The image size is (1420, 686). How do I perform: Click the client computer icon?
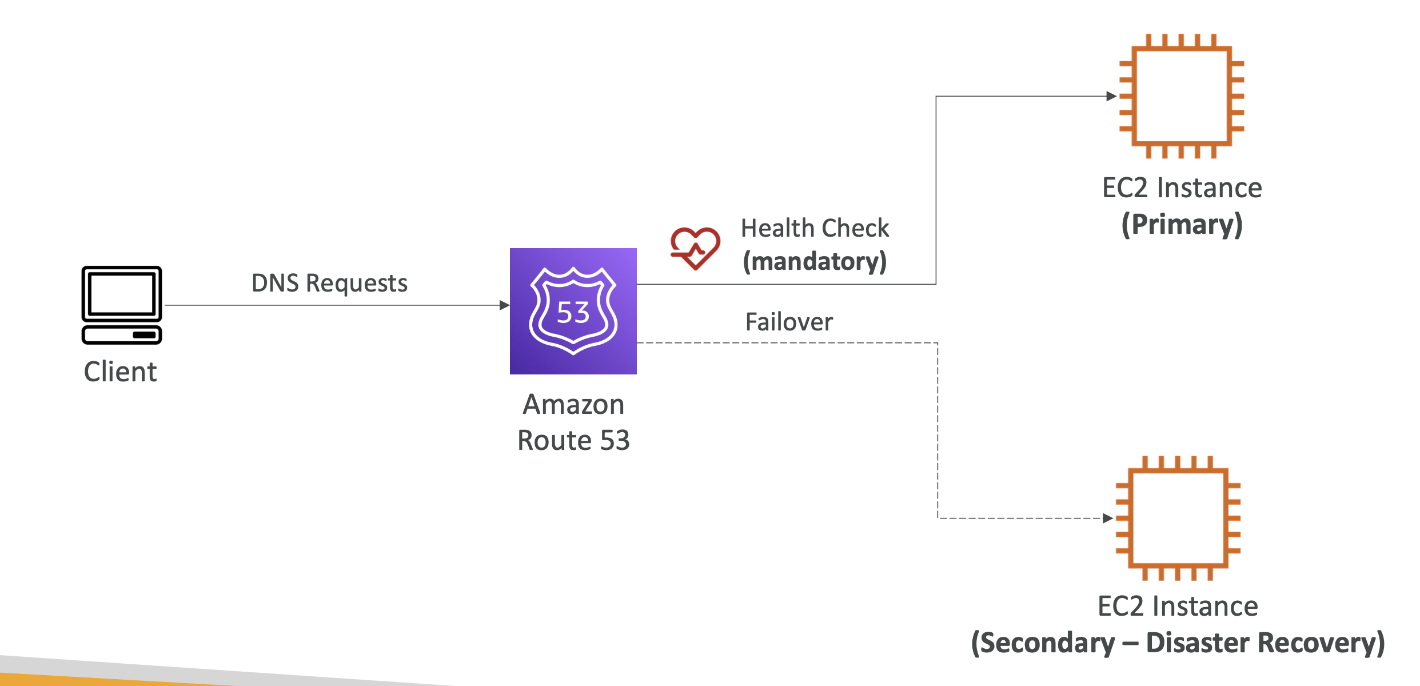tap(122, 305)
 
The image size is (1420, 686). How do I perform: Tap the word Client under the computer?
tap(120, 372)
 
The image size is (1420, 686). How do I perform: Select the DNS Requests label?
tap(329, 283)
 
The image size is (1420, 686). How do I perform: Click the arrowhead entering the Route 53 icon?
tap(504, 305)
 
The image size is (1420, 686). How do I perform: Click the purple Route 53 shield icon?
tap(573, 311)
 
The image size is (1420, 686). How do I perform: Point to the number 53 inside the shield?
tap(573, 313)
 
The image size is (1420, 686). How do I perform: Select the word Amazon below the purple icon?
tap(573, 405)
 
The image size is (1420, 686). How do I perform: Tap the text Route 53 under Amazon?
tap(573, 440)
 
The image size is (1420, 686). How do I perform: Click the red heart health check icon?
tap(695, 248)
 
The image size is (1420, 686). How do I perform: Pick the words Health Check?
tap(815, 228)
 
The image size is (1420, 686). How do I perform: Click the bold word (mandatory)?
tap(815, 261)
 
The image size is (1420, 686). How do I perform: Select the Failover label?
tap(789, 322)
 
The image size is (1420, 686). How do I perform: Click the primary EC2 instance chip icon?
tap(1182, 96)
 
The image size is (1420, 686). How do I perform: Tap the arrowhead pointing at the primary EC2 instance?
tap(1111, 96)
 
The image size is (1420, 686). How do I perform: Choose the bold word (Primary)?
tap(1182, 224)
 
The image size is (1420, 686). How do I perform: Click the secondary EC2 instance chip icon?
tap(1178, 518)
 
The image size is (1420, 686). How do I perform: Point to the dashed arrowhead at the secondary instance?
tap(1108, 518)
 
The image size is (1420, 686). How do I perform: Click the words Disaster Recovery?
tap(1266, 643)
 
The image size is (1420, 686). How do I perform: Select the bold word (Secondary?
tap(1043, 643)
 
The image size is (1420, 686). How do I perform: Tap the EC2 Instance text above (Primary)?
tap(1182, 188)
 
